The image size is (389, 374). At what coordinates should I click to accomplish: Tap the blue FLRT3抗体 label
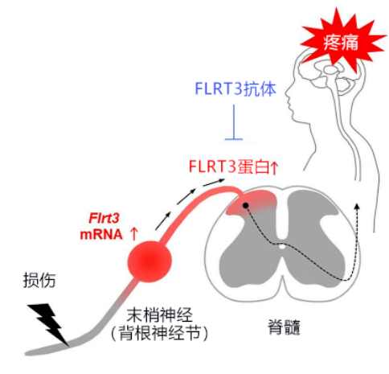pos(235,88)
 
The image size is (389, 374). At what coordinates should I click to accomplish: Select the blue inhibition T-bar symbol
pos(234,122)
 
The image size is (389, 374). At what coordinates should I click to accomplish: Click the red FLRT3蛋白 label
pos(229,166)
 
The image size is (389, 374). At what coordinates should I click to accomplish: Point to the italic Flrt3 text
pos(104,218)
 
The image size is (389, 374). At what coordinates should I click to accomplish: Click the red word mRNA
pos(101,234)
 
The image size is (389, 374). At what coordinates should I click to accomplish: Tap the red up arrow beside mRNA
pos(134,234)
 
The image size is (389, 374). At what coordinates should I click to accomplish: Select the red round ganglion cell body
pos(149,261)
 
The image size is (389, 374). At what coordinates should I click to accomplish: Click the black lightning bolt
pos(49,324)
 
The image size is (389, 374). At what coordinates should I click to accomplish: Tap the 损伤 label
pos(39,281)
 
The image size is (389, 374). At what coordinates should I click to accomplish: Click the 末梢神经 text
pos(159,314)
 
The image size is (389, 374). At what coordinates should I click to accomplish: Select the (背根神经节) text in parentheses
pos(159,333)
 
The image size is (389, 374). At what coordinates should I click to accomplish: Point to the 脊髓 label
pos(284,327)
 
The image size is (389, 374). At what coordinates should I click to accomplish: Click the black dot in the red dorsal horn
pos(245,206)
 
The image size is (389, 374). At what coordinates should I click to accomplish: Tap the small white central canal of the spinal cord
pos(281,246)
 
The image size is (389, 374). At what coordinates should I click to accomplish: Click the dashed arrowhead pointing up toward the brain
pos(357,207)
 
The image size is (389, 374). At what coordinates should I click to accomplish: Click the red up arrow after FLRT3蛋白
pos(274,167)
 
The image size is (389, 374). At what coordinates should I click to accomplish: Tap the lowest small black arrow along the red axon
pos(163,221)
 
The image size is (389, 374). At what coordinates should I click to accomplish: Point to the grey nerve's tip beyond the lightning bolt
pos(27,352)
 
